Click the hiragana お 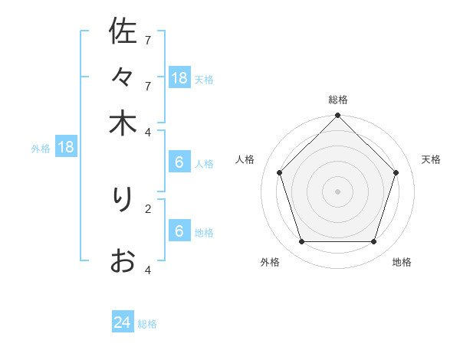point(123,261)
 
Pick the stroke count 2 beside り point(148,208)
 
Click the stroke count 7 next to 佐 point(148,40)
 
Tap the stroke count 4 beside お point(148,270)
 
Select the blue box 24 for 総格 point(123,322)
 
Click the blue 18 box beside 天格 point(179,77)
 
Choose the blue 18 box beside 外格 point(66,147)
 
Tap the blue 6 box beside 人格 point(179,162)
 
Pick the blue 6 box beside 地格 point(179,231)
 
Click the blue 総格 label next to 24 point(147,324)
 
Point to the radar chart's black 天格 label point(431,159)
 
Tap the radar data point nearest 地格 point(374,242)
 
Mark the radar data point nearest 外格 point(301,242)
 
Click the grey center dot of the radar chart point(337,191)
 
